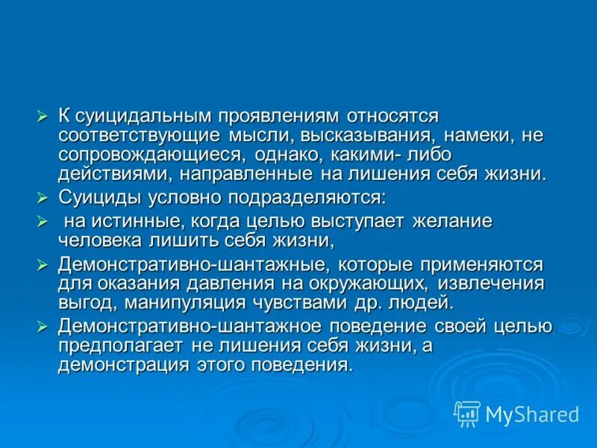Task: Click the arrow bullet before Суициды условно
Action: (x=43, y=198)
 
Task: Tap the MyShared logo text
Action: (x=532, y=413)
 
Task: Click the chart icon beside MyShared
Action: (x=467, y=414)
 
